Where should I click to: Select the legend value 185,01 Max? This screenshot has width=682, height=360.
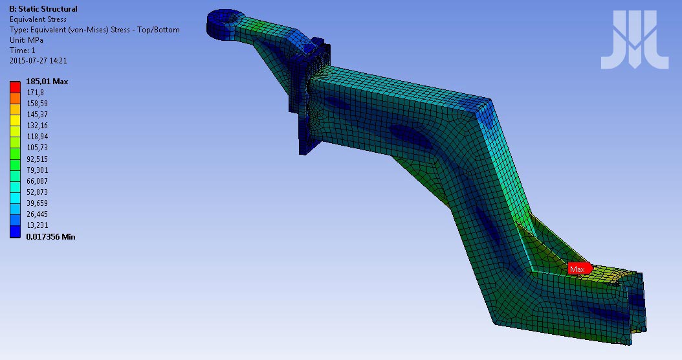pyautogui.click(x=47, y=82)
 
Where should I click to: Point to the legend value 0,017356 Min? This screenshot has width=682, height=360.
pyautogui.click(x=50, y=237)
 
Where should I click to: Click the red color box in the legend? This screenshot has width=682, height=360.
pyautogui.click(x=16, y=87)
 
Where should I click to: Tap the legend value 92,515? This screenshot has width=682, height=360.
pyautogui.click(x=38, y=159)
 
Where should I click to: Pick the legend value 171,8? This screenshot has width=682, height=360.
pyautogui.click(x=35, y=93)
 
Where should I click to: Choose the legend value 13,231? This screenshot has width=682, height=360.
pyautogui.click(x=38, y=225)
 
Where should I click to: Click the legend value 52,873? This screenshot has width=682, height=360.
pyautogui.click(x=38, y=192)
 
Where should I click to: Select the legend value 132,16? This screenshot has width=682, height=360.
pyautogui.click(x=38, y=126)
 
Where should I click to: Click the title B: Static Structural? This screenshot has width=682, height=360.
pyautogui.click(x=43, y=8)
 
